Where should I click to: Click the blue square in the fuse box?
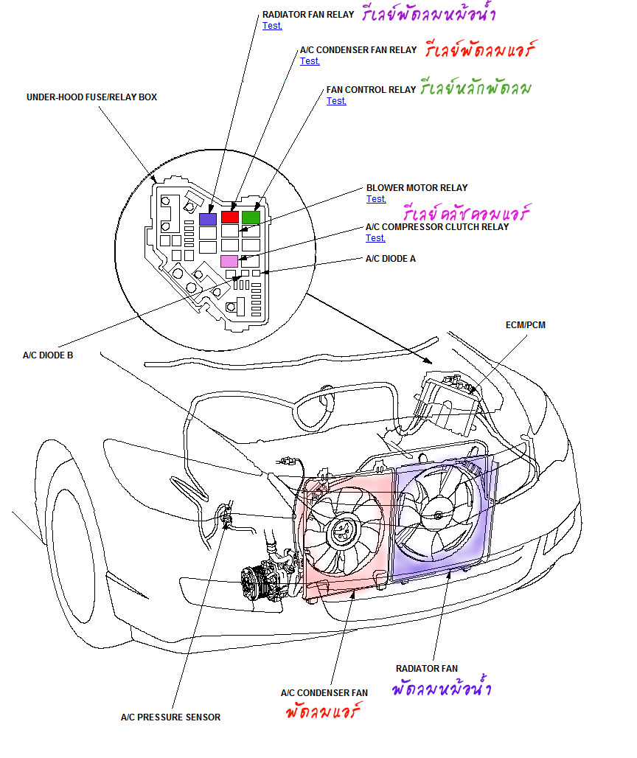click(x=208, y=219)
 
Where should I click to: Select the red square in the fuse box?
click(x=230, y=217)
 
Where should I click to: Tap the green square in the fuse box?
click(x=251, y=217)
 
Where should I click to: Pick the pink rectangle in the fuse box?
click(x=229, y=260)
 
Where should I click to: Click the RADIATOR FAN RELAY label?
click(x=308, y=14)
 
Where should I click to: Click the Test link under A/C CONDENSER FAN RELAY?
click(x=310, y=61)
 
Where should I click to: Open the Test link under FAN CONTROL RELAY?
click(x=336, y=101)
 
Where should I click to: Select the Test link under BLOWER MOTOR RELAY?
click(x=376, y=199)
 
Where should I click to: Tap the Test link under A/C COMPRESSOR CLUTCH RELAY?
click(x=375, y=238)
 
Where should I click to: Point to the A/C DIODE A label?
click(x=391, y=259)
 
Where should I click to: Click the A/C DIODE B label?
click(x=48, y=355)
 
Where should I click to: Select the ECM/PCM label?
click(x=526, y=324)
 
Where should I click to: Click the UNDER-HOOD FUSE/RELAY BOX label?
click(x=91, y=97)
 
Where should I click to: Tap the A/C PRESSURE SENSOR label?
click(x=170, y=717)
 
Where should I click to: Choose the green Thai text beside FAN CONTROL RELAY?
click(x=476, y=89)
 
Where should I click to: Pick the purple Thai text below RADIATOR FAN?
click(x=441, y=690)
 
